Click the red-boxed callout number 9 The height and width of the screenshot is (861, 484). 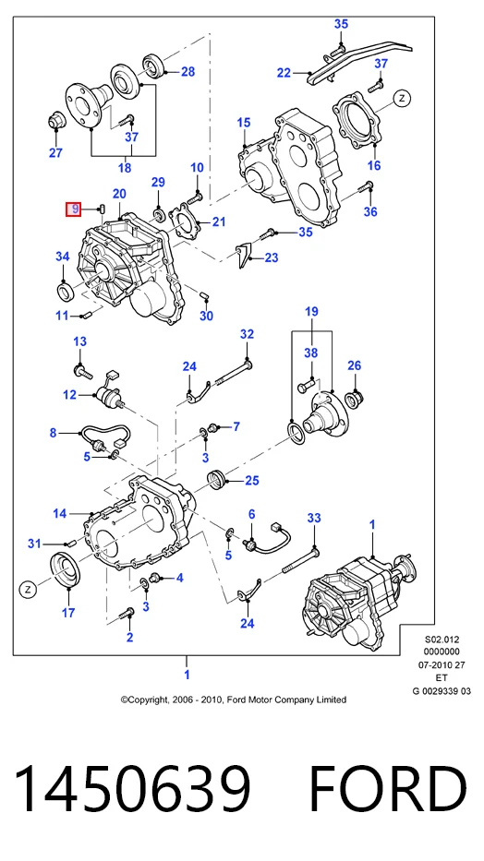(74, 209)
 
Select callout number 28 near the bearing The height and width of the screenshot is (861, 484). (188, 72)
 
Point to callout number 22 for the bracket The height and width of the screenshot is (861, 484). (284, 73)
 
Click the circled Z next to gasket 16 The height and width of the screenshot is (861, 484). (402, 99)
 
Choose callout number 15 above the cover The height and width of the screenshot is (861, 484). (243, 123)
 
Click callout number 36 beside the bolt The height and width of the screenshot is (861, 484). (370, 210)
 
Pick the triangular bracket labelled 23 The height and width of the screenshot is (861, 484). (244, 254)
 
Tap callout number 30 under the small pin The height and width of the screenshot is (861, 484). (206, 316)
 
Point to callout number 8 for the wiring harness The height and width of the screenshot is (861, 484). (53, 433)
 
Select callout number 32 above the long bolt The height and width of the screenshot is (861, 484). (248, 334)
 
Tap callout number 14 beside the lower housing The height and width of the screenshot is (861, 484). (60, 513)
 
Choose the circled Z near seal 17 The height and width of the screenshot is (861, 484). (27, 589)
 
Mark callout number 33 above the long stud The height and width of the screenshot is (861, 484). (314, 518)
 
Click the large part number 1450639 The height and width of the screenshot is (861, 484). (132, 788)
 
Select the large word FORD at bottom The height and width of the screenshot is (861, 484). (388, 788)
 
